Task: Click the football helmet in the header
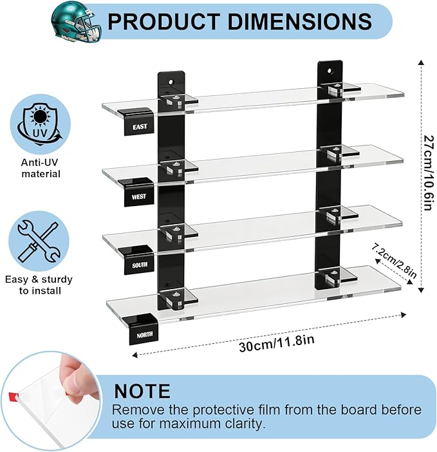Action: tap(77, 22)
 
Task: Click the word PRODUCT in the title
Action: tap(163, 21)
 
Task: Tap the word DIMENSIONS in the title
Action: tap(299, 21)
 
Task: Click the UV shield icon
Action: tap(39, 124)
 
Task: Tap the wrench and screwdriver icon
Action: tap(38, 241)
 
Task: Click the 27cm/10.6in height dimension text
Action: tap(428, 173)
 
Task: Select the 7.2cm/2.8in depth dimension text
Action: tap(393, 260)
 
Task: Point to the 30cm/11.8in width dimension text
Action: tap(276, 343)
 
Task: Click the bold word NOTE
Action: tap(142, 391)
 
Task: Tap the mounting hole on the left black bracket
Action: tap(171, 82)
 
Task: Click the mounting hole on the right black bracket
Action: tap(330, 71)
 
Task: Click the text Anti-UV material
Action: tap(41, 168)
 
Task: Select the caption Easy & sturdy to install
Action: tap(39, 285)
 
